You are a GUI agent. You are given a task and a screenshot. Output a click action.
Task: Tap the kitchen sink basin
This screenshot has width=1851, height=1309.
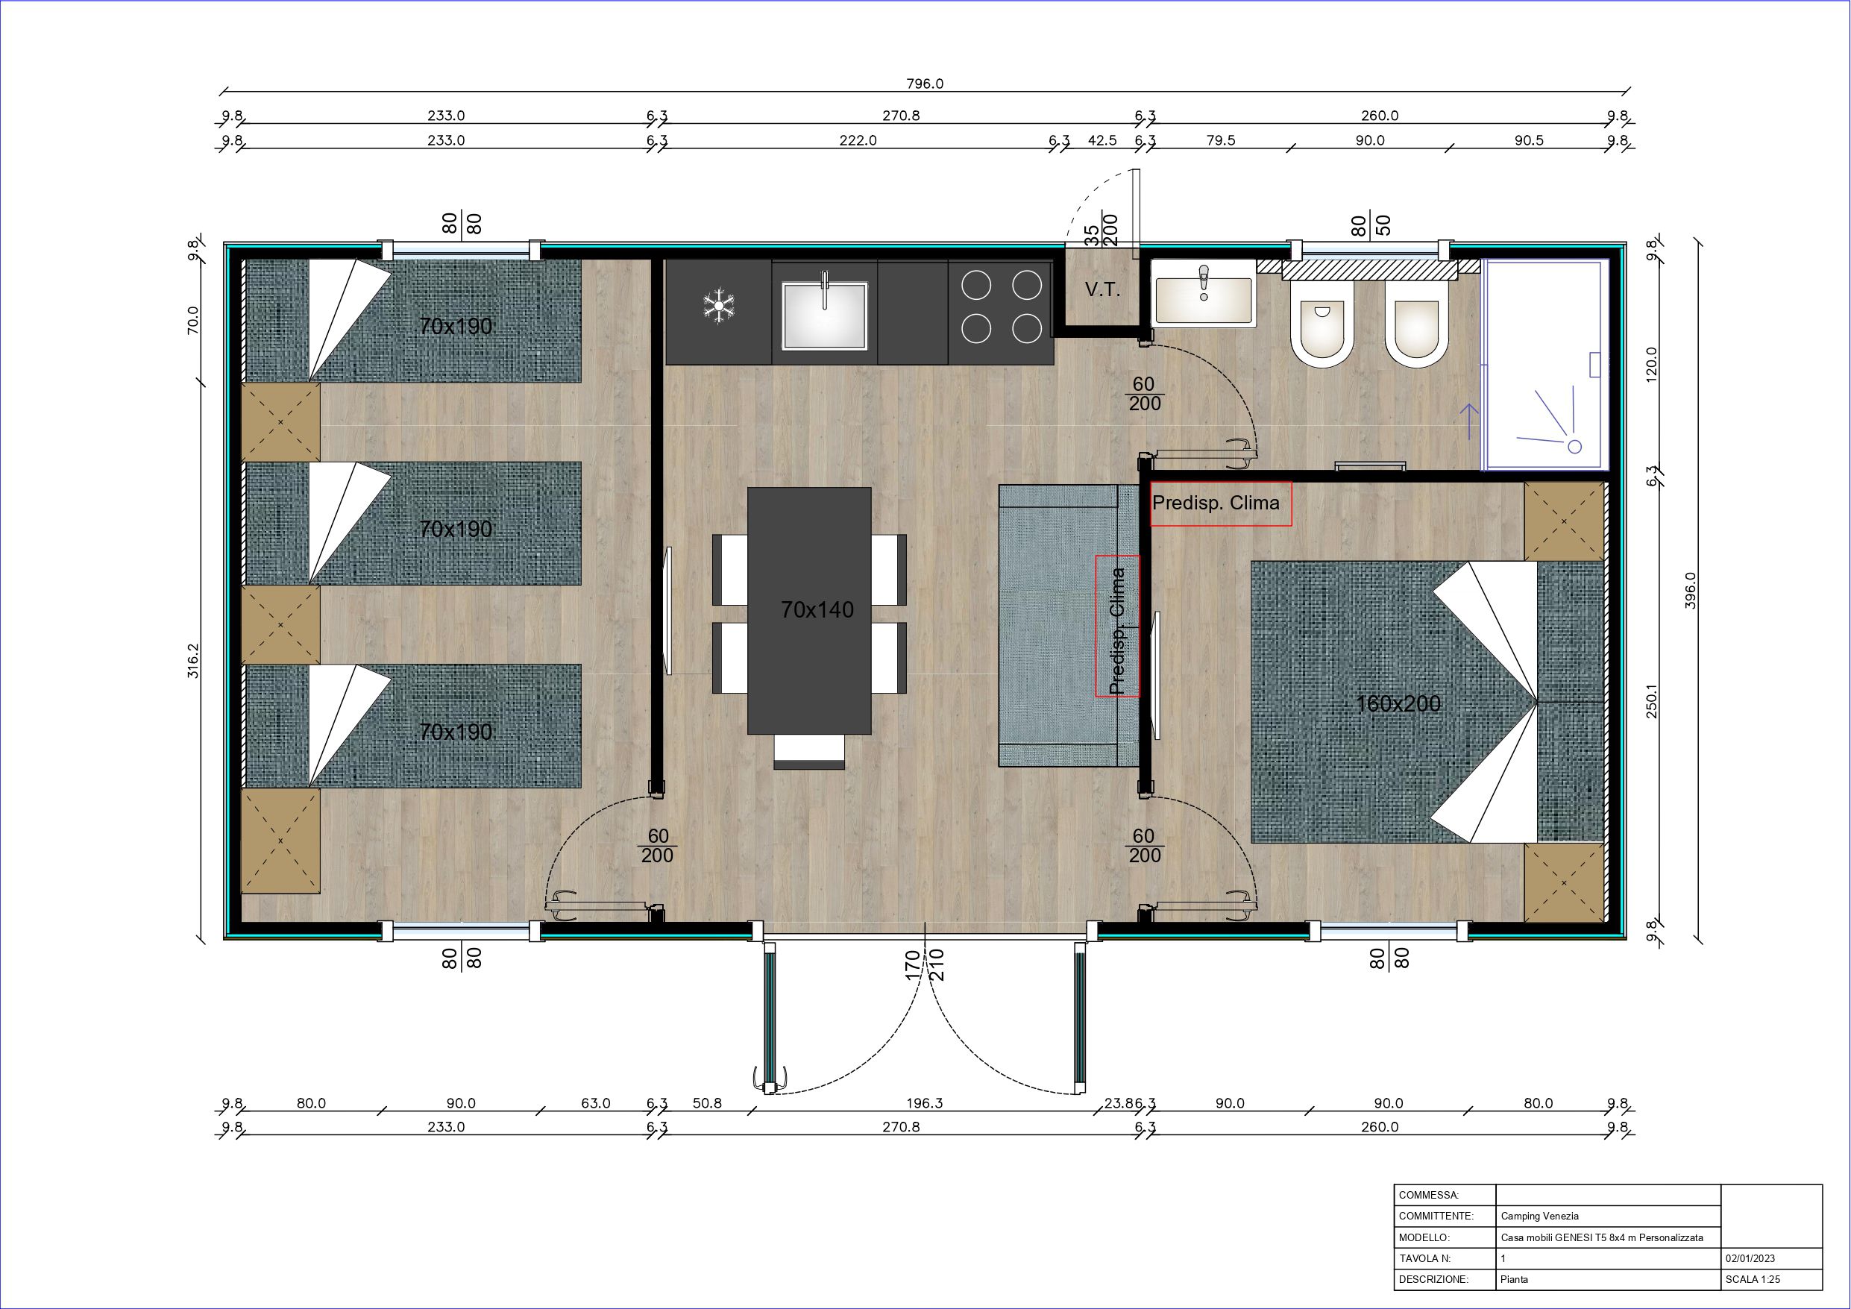tap(825, 316)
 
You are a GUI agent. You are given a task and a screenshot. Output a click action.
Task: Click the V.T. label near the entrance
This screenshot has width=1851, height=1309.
tap(1102, 289)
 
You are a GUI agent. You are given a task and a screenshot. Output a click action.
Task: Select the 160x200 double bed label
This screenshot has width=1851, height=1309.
tap(1398, 703)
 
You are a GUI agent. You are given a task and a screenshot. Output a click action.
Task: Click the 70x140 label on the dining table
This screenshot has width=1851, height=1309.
tap(817, 609)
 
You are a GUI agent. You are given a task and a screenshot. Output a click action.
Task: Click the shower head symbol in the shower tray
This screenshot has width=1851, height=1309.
tap(1574, 446)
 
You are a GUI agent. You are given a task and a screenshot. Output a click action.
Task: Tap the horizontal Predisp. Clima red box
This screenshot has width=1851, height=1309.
tap(1221, 504)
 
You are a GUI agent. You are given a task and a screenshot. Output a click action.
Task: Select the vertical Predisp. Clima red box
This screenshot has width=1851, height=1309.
tap(1117, 625)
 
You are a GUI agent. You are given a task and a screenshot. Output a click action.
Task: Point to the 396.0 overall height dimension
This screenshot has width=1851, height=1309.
tap(1691, 591)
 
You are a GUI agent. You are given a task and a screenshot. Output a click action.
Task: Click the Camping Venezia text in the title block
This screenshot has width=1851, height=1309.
tap(1540, 1216)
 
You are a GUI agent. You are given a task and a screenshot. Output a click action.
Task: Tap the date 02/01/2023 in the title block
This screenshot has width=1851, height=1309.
tap(1750, 1258)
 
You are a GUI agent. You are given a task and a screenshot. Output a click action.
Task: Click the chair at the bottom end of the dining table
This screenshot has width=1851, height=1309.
tap(809, 752)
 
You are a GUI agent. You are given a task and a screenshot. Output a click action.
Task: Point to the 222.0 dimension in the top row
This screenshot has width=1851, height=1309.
tap(858, 140)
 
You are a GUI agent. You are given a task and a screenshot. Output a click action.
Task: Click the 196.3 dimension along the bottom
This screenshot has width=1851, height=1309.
tap(924, 1102)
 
